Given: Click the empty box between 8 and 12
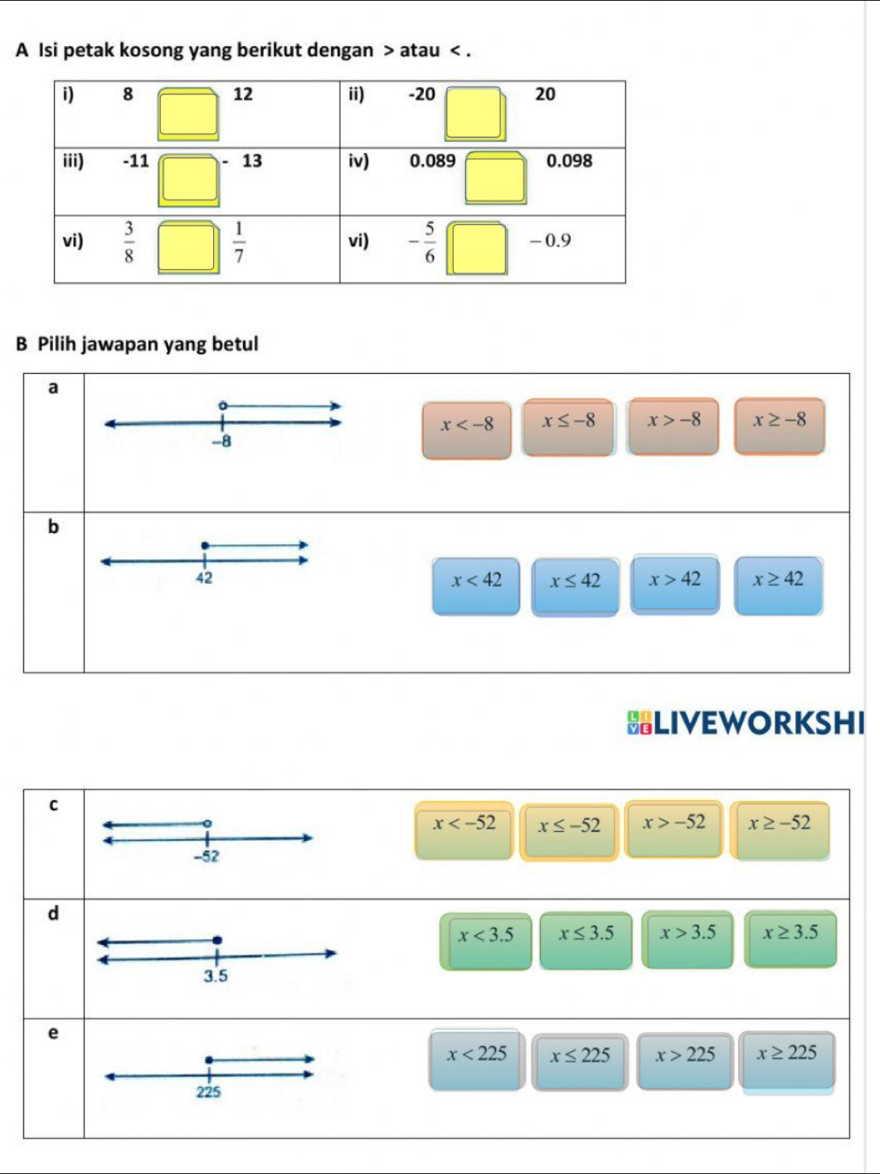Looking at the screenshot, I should (189, 113).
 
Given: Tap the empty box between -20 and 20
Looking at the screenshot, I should (474, 113).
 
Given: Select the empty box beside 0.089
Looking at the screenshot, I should (496, 177).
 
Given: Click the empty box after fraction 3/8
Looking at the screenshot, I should (188, 247).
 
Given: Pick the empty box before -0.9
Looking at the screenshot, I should (476, 249).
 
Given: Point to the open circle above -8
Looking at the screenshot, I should (223, 406).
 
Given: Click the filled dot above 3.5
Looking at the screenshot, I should (217, 940).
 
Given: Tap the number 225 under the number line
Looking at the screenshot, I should (208, 1092).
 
